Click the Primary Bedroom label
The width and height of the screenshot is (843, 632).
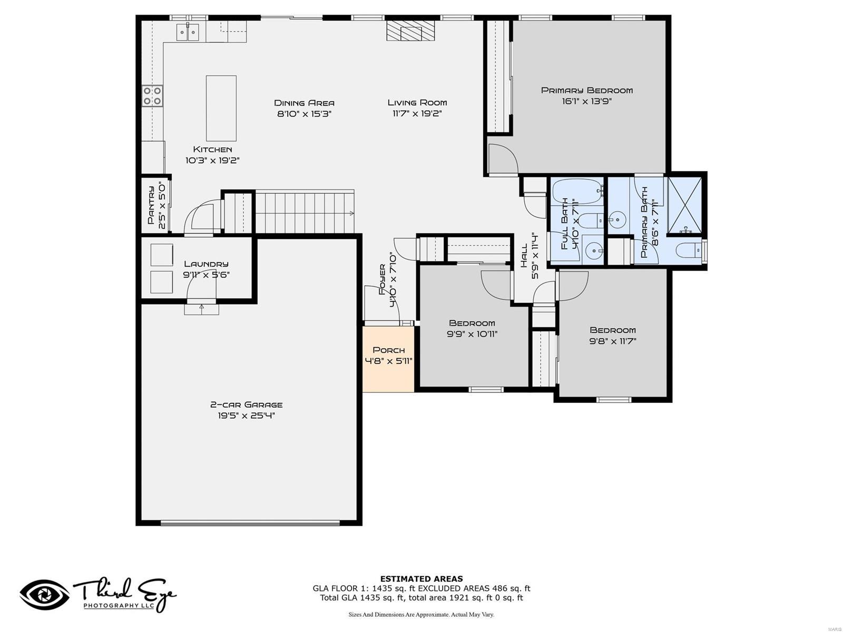coord(587,91)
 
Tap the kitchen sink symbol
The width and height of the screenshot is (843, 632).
coord(188,33)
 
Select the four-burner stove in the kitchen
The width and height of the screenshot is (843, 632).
coord(152,95)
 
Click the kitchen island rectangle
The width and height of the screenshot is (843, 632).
coord(221,108)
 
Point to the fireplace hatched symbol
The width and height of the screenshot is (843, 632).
coord(411,31)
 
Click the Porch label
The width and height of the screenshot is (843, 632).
coord(389,350)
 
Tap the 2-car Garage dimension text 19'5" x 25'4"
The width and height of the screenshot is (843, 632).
coord(247,416)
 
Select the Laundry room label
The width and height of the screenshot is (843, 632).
coord(206,264)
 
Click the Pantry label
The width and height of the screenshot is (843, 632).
coord(151,205)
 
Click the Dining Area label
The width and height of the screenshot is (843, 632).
coord(304,103)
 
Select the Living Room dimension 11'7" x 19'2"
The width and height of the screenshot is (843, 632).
coord(417,114)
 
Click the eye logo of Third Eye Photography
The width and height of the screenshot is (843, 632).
coord(45,595)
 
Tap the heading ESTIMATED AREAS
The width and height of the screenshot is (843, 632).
coord(421,579)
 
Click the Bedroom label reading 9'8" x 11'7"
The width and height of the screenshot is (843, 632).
coord(613,330)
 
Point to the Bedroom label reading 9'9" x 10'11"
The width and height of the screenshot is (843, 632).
coord(472,323)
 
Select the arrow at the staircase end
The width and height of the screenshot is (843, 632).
coord(351,213)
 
